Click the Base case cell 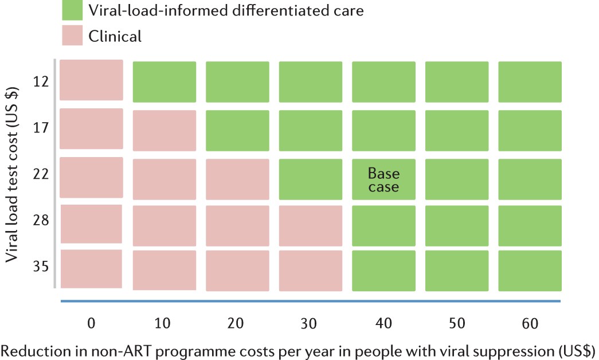pos(383,179)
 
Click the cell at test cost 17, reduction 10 pos(165,131)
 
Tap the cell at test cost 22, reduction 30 pos(311,179)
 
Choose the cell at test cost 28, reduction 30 pos(311,225)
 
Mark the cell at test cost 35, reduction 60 pos(530,271)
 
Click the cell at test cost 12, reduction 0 pos(91,81)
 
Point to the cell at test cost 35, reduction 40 pos(383,271)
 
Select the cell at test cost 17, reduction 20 pos(237,131)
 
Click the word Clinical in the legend pos(115,37)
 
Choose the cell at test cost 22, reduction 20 pos(237,179)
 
